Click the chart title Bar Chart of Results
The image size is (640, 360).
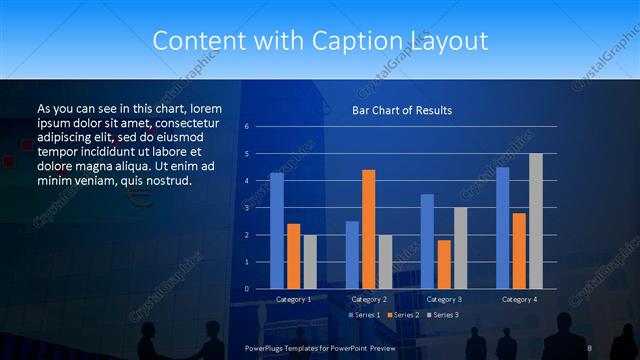point(401,110)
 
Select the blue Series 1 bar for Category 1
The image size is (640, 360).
point(277,231)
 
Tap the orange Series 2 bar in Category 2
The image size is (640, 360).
point(368,229)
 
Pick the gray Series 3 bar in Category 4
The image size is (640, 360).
point(536,221)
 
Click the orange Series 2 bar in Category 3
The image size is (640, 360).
point(444,264)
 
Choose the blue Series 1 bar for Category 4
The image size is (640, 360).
point(502,228)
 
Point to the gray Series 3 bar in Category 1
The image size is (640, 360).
point(310,262)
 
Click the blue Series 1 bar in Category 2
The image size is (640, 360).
point(352,255)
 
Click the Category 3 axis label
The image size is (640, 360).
point(443,299)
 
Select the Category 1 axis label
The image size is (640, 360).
point(293,299)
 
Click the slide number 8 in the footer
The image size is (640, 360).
point(590,346)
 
